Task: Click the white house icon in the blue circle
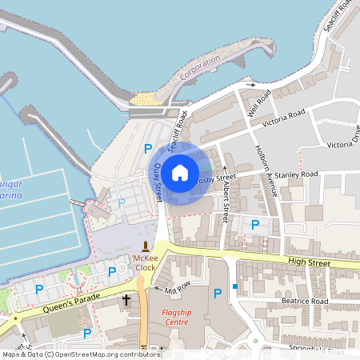[x=180, y=172]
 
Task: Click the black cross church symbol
[x=126, y=300]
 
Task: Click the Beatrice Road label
[x=304, y=301]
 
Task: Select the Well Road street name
[x=260, y=102]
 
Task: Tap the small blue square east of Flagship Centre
[x=235, y=286]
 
